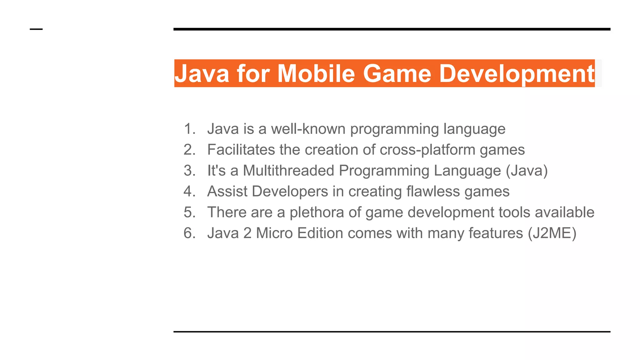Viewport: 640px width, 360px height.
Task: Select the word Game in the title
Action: point(397,73)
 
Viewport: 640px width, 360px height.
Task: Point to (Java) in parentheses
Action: point(527,171)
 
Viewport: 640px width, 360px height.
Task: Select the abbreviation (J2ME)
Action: point(552,233)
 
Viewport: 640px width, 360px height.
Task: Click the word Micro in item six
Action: point(274,233)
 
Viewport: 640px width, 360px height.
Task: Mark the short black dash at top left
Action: point(36,29)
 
